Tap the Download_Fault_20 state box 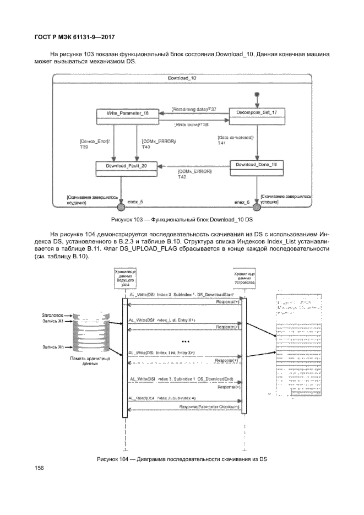click(x=126, y=169)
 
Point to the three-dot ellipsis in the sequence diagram click(x=185, y=342)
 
